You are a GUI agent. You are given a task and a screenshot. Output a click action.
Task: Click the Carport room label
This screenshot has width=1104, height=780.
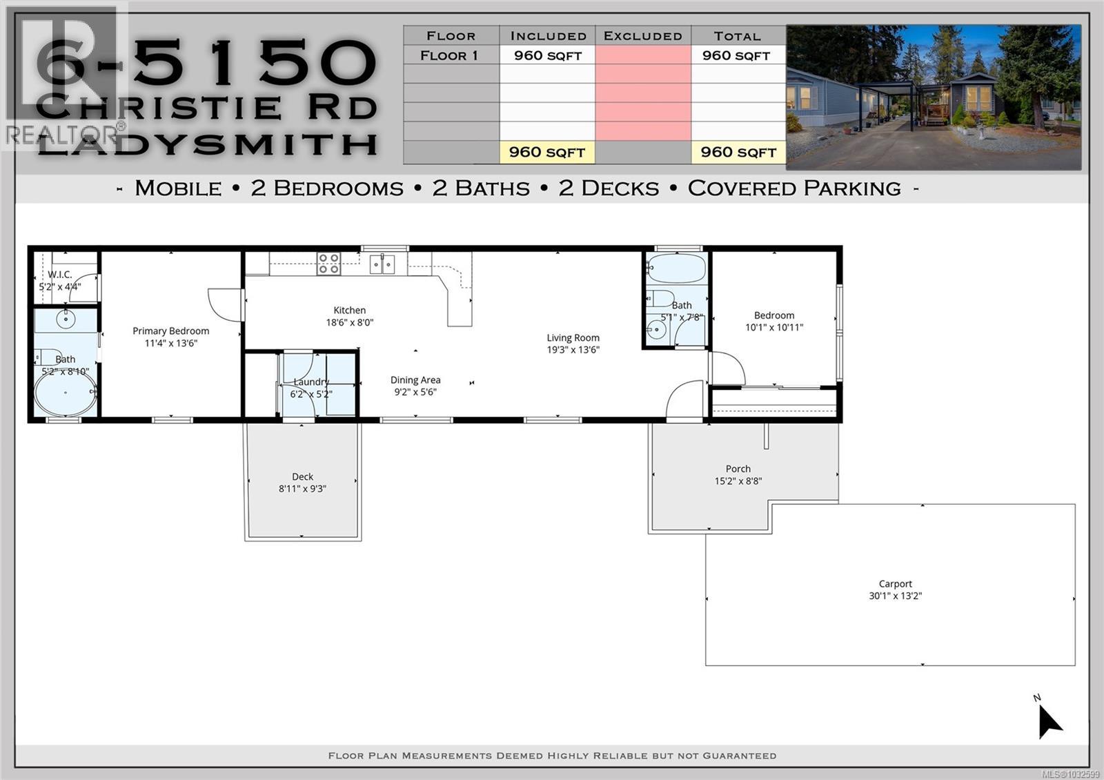tap(895, 584)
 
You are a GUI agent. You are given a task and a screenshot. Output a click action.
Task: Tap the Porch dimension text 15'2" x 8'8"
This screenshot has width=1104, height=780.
tap(738, 481)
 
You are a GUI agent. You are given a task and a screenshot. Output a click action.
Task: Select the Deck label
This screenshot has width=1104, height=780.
tap(302, 476)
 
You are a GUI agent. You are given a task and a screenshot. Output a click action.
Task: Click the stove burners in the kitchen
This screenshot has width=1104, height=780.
tap(328, 264)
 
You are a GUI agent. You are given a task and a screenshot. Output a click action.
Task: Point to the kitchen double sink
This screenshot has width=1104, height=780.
tap(382, 264)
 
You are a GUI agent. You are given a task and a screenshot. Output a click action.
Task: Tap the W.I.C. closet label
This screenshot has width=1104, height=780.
tap(60, 275)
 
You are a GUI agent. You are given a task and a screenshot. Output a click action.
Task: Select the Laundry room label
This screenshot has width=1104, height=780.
tap(311, 382)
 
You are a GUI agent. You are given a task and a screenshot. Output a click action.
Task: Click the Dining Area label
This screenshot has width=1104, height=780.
tap(415, 380)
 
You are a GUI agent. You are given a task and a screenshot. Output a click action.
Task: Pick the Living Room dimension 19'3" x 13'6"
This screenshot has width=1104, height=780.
tap(573, 350)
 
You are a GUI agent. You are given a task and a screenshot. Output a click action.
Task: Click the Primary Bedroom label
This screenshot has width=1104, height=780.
tap(170, 331)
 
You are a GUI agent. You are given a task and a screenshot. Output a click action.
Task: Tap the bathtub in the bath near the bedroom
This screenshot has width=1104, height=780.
tap(676, 269)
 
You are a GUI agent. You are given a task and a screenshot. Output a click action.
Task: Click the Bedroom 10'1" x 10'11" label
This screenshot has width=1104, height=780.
tap(773, 322)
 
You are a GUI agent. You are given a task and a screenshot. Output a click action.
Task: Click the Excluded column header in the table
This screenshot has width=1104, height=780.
tap(642, 36)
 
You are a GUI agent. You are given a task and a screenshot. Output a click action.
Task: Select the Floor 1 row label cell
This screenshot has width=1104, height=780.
tap(450, 55)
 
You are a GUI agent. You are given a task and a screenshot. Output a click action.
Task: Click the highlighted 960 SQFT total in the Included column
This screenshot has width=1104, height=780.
tap(546, 153)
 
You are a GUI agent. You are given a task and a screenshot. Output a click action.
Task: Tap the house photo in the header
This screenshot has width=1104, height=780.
tap(933, 97)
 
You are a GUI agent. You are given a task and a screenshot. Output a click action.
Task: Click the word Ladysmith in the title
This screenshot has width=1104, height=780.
tap(207, 144)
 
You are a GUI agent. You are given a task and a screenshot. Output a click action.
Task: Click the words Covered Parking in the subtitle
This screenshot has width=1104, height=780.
tap(793, 188)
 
